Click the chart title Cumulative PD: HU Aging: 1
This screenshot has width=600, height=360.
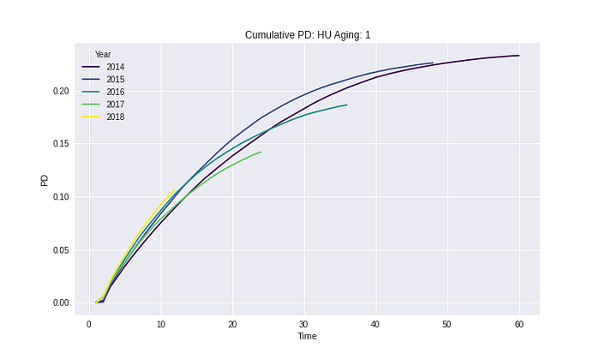pos(308,35)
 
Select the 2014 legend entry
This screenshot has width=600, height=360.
pos(103,67)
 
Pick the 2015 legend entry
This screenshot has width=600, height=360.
pos(103,80)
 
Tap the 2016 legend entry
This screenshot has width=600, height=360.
pos(103,92)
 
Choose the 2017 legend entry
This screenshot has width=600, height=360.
pos(103,105)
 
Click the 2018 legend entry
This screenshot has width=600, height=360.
pos(103,117)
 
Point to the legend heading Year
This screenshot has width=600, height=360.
pos(103,54)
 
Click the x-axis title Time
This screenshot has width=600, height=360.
pos(307,336)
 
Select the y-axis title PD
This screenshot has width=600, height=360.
pos(45,180)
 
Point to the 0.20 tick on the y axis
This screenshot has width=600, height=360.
pos(61,92)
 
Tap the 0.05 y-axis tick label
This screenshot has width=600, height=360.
pos(61,250)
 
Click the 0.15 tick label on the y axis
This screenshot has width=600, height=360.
pos(61,144)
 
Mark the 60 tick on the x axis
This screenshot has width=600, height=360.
pos(519,325)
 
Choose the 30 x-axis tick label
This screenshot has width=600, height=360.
pos(303,325)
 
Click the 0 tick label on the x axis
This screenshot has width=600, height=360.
pos(89,325)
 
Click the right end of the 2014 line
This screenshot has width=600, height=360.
pos(519,56)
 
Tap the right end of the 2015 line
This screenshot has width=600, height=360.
pos(433,63)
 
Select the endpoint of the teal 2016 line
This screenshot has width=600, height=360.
pos(347,105)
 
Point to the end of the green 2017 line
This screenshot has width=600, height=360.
pos(261,152)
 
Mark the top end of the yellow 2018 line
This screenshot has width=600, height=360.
pos(175,189)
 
